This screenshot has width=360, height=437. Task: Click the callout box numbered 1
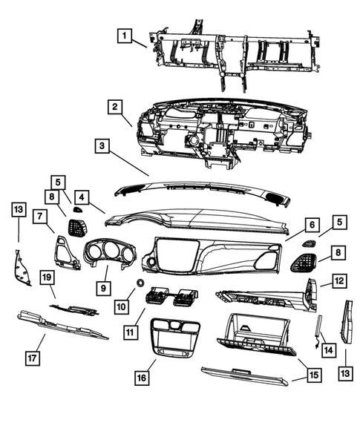pos(125,35)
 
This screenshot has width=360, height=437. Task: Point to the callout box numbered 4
pos(81,197)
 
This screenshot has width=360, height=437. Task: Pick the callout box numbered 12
pos(338,281)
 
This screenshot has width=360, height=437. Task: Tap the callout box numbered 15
pos(314,375)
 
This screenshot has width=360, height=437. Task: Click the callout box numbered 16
pos(141,378)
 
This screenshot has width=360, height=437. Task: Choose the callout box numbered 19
pos(46,277)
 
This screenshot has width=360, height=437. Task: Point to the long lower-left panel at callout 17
pos(63,326)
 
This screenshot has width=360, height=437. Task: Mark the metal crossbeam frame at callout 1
pos(230,52)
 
